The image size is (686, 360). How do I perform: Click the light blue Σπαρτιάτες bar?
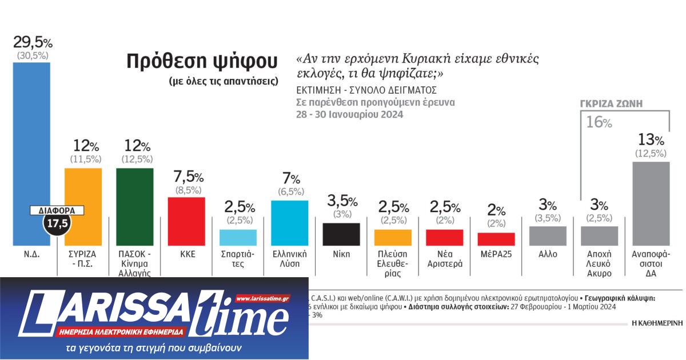(x=238, y=237)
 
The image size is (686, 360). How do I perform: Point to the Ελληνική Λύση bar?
(x=290, y=223)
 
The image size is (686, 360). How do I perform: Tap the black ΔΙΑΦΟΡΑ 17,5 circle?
(x=57, y=223)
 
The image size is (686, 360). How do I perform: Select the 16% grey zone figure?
(x=599, y=122)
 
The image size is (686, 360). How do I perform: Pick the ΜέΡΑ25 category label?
(x=496, y=254)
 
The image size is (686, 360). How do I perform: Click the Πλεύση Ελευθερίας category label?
(x=393, y=263)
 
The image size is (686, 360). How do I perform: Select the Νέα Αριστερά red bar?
(x=445, y=238)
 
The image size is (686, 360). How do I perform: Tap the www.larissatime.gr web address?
(x=262, y=299)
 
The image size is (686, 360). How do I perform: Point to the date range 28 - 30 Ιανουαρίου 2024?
(x=350, y=114)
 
